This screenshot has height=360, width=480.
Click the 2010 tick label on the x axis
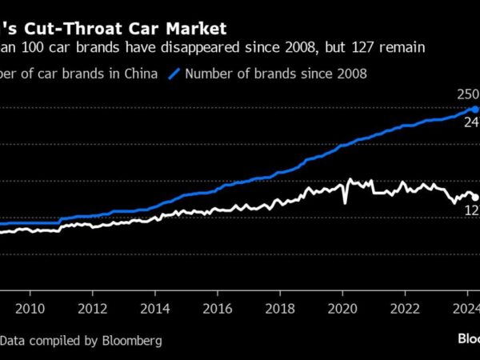[x=30, y=309]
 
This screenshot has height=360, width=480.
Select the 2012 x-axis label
[x=93, y=309]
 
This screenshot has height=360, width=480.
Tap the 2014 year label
[x=155, y=309]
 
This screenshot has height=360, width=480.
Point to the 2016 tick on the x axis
[x=218, y=309]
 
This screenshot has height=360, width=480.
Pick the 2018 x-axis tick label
[x=280, y=309]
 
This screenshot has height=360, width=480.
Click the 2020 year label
[x=342, y=309]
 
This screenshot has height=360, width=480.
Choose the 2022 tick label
[x=405, y=309]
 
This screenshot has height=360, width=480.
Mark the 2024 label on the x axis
[x=466, y=309]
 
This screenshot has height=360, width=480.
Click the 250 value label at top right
[x=467, y=94]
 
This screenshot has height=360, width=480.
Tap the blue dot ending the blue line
[x=474, y=109]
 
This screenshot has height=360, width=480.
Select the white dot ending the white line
[x=475, y=197]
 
